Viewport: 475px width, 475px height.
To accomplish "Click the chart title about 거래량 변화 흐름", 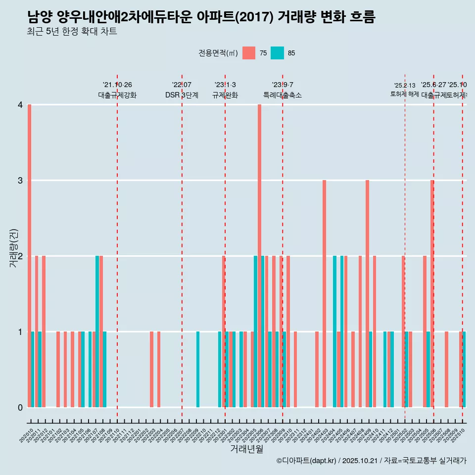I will click(x=201, y=17).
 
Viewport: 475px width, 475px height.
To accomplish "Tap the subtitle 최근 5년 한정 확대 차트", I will click(x=72, y=32).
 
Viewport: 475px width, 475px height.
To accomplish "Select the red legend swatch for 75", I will click(x=249, y=53).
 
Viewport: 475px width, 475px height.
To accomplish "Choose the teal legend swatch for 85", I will click(x=277, y=53).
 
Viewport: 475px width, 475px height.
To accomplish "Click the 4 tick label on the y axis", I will click(x=20, y=105).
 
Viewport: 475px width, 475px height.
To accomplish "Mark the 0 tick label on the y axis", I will click(x=20, y=407).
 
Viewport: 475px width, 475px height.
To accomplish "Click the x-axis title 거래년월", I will click(x=246, y=449).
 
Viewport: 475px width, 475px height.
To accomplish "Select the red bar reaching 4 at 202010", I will click(x=30, y=256).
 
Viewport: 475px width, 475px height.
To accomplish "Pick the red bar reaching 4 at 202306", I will click(x=259, y=256).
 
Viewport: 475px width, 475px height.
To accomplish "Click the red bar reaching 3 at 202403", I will click(x=324, y=293).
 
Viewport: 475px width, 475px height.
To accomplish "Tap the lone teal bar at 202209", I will click(x=198, y=369).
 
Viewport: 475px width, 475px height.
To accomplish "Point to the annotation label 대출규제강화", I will click(x=117, y=95).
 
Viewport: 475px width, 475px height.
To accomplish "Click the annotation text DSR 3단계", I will click(x=182, y=95).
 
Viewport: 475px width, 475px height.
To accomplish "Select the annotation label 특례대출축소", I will click(x=282, y=95).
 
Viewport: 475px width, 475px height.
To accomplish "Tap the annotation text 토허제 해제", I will click(x=404, y=94).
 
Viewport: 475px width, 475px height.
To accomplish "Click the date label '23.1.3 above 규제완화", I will click(x=225, y=85).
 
